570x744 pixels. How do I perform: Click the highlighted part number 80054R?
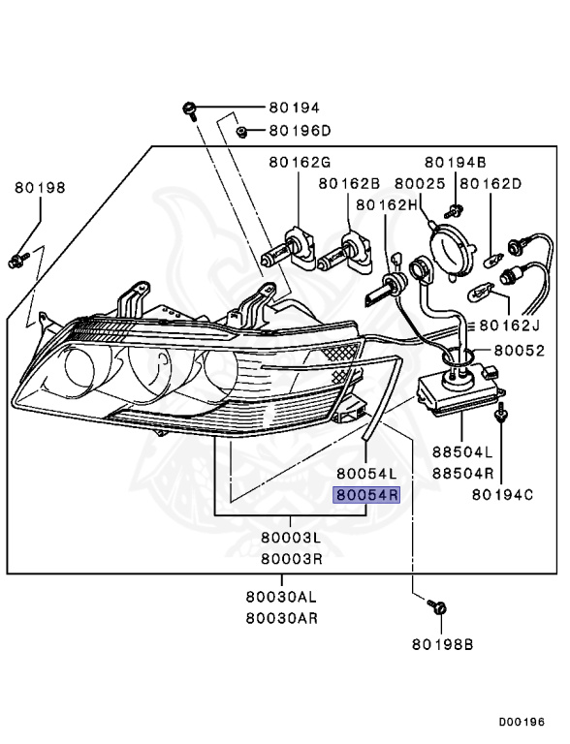pos(366,495)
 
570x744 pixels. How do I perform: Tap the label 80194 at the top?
pos(295,108)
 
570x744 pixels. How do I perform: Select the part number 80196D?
pos(300,131)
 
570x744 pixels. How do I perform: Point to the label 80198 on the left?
pos(40,187)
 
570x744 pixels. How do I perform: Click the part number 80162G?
pos(300,163)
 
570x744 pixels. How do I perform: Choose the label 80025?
pos(420,184)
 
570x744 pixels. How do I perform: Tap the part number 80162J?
pos(510,325)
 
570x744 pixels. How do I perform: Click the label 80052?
pos(520,351)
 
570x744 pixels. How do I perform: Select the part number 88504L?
pos(462,452)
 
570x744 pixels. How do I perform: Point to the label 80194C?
pos(502,495)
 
